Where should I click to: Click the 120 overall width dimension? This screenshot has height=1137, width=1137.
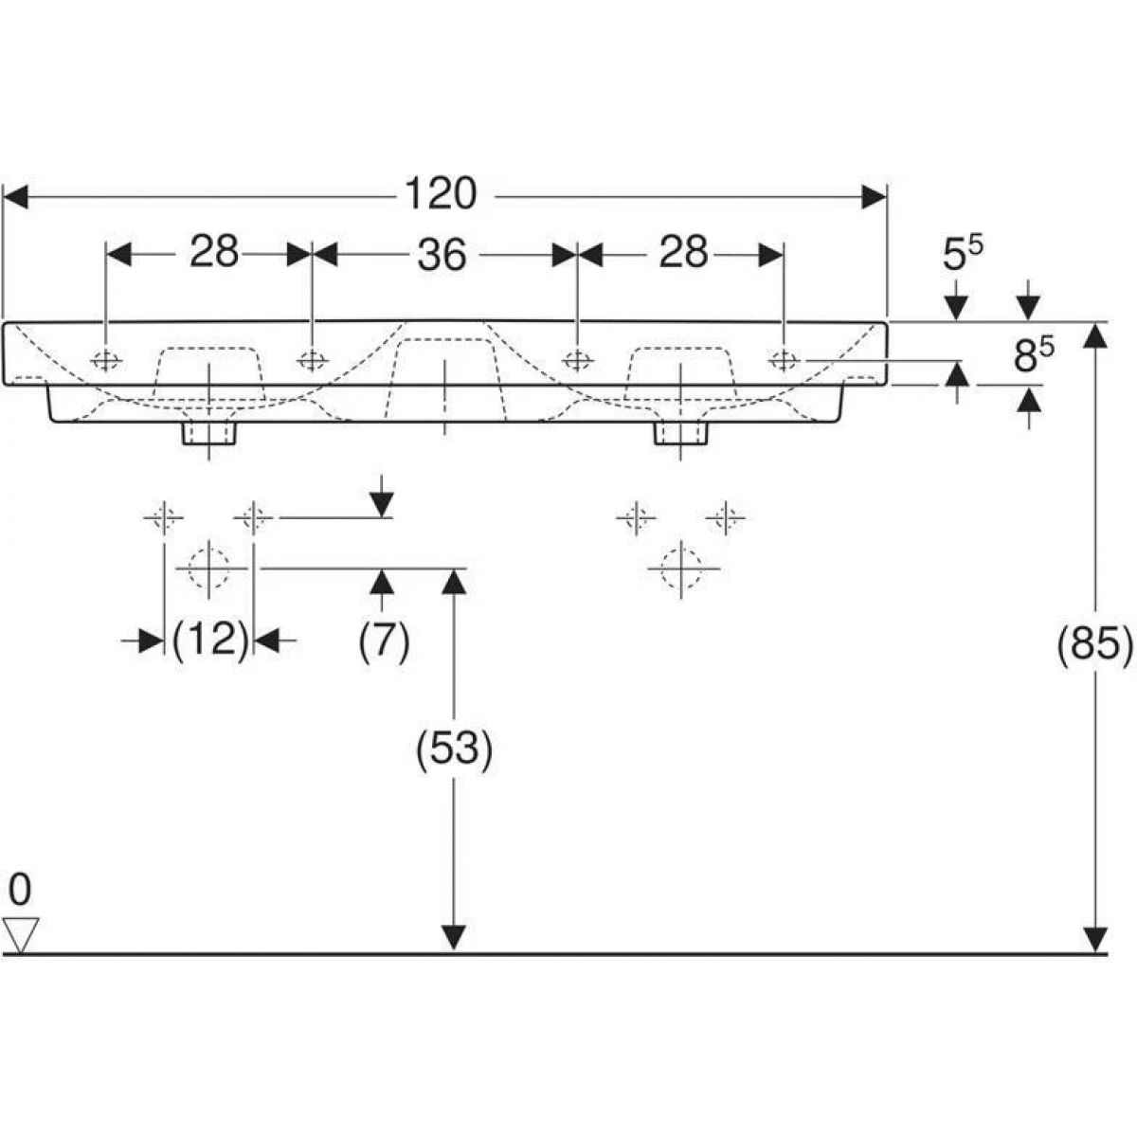pyautogui.click(x=441, y=193)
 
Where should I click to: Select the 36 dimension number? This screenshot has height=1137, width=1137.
pyautogui.click(x=442, y=256)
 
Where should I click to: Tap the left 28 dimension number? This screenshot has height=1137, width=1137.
pyautogui.click(x=214, y=251)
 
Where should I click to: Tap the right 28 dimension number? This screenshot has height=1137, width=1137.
pyautogui.click(x=683, y=251)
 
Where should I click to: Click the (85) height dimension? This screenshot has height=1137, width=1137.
pyautogui.click(x=1094, y=646)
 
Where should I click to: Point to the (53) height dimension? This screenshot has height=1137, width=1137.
pyautogui.click(x=454, y=749)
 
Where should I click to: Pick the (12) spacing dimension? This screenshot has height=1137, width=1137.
pyautogui.click(x=210, y=639)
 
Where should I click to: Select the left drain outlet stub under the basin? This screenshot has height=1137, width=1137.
pyautogui.click(x=209, y=433)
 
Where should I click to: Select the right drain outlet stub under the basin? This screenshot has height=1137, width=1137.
pyautogui.click(x=681, y=433)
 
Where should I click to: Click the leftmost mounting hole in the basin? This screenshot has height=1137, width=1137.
pyautogui.click(x=105, y=359)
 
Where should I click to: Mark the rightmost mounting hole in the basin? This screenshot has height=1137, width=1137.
pyautogui.click(x=785, y=359)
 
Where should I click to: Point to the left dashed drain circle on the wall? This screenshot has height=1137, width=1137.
pyautogui.click(x=209, y=568)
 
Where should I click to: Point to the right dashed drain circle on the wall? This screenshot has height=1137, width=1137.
pyautogui.click(x=681, y=568)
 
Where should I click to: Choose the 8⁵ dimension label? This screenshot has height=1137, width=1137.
pyautogui.click(x=1034, y=355)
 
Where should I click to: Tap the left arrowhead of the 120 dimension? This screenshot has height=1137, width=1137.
pyautogui.click(x=16, y=196)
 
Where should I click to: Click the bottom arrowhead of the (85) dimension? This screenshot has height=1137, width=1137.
pyautogui.click(x=1095, y=939)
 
